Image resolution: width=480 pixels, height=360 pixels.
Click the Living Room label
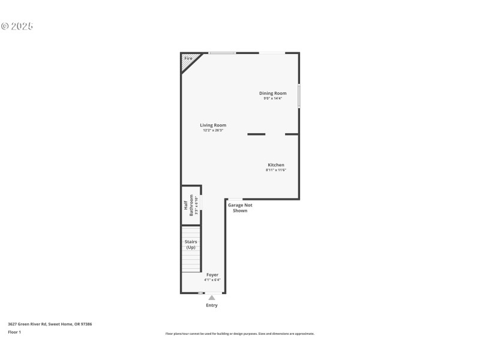click(213, 125)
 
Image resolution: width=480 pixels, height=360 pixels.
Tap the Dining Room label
click(272, 93)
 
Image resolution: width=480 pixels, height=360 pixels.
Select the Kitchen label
click(276, 164)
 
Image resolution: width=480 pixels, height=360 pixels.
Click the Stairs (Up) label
click(191, 244)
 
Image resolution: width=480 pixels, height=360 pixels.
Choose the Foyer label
click(212, 274)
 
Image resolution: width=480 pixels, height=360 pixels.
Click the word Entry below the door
click(212, 305)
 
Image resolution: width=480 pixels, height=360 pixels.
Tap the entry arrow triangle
click(211, 297)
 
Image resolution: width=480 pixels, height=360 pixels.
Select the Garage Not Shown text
click(240, 208)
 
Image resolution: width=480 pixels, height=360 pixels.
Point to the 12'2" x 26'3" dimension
click(213, 130)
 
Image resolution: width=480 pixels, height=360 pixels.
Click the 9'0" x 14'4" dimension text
click(272, 98)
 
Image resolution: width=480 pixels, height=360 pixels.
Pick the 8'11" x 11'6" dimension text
click(276, 170)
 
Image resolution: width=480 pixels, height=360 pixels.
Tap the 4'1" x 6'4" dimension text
click(212, 280)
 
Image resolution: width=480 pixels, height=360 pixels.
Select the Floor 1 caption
click(14, 332)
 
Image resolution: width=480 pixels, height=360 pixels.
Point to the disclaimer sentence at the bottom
click(240, 334)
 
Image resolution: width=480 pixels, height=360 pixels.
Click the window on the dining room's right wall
click(299, 96)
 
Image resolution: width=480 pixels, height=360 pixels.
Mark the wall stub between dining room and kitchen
click(256, 134)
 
